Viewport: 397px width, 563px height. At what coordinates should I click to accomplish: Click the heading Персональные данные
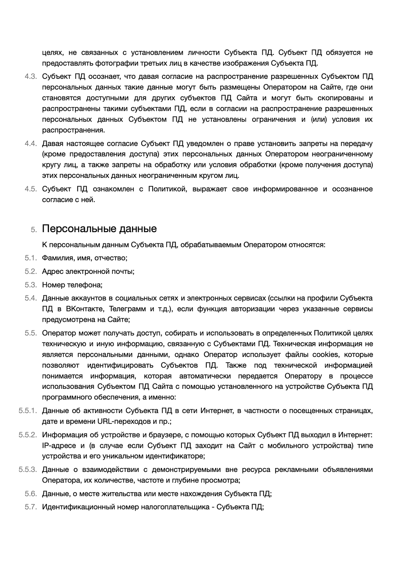pyautogui.click(x=99, y=229)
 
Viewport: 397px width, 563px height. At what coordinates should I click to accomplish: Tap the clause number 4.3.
pyautogui.click(x=30, y=77)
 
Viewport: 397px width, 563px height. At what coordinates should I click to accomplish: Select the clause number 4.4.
pyautogui.click(x=30, y=144)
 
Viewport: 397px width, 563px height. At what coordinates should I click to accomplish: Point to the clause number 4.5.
pyautogui.click(x=30, y=189)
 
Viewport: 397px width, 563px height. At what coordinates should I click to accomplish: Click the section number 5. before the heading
pyautogui.click(x=34, y=230)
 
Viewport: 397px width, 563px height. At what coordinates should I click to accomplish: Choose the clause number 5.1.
pyautogui.click(x=30, y=258)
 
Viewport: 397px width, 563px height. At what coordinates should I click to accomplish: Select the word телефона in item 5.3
pyautogui.click(x=85, y=285)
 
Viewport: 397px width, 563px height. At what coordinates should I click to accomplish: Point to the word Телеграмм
pyautogui.click(x=127, y=309)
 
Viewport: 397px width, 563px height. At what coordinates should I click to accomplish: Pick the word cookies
pyautogui.click(x=326, y=355)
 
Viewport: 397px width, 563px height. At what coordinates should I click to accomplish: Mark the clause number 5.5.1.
pyautogui.click(x=27, y=411)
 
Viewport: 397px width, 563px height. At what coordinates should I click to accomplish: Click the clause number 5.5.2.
pyautogui.click(x=27, y=435)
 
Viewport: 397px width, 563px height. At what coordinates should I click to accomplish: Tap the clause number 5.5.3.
pyautogui.click(x=27, y=470)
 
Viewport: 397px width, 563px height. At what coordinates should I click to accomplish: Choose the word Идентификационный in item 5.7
pyautogui.click(x=78, y=507)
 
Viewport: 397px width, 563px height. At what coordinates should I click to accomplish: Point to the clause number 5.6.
pyautogui.click(x=30, y=494)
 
